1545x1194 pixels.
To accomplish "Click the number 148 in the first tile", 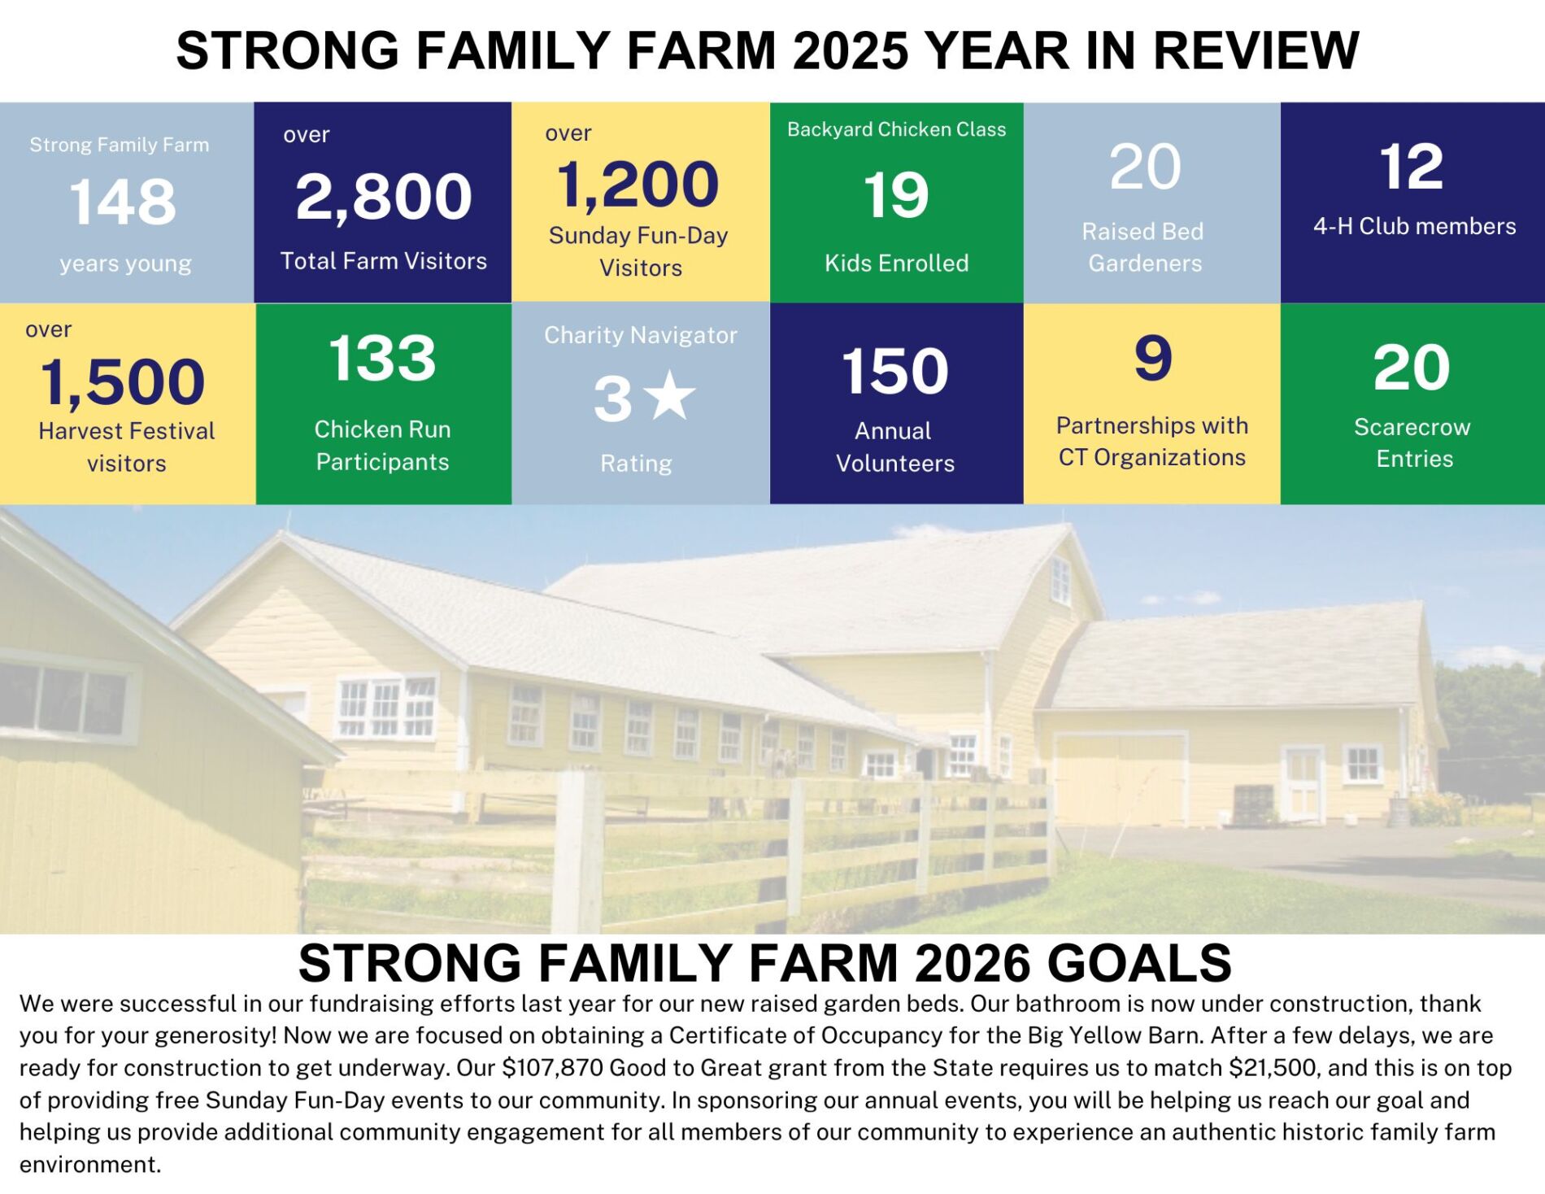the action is (x=123, y=202).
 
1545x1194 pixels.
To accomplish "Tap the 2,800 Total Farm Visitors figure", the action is (x=383, y=198).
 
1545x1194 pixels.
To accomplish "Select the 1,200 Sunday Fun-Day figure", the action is (x=638, y=185).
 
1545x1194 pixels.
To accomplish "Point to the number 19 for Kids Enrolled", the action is (x=896, y=195).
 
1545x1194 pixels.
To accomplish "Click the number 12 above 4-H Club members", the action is (x=1412, y=167).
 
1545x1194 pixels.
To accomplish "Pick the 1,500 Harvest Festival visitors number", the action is (x=123, y=382).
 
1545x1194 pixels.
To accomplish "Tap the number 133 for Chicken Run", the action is (x=382, y=358).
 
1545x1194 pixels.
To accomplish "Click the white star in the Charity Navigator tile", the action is (x=670, y=395).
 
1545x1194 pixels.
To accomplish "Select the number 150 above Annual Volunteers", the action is (x=895, y=372).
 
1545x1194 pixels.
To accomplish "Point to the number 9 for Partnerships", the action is (x=1153, y=358).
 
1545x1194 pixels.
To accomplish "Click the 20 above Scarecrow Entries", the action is (x=1412, y=368).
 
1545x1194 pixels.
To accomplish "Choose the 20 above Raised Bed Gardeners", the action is (x=1145, y=168).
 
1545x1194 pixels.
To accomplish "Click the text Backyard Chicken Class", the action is (x=896, y=129).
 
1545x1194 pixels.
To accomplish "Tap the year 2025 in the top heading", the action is (x=850, y=50).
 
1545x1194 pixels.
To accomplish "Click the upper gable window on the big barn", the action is (x=1060, y=581).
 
